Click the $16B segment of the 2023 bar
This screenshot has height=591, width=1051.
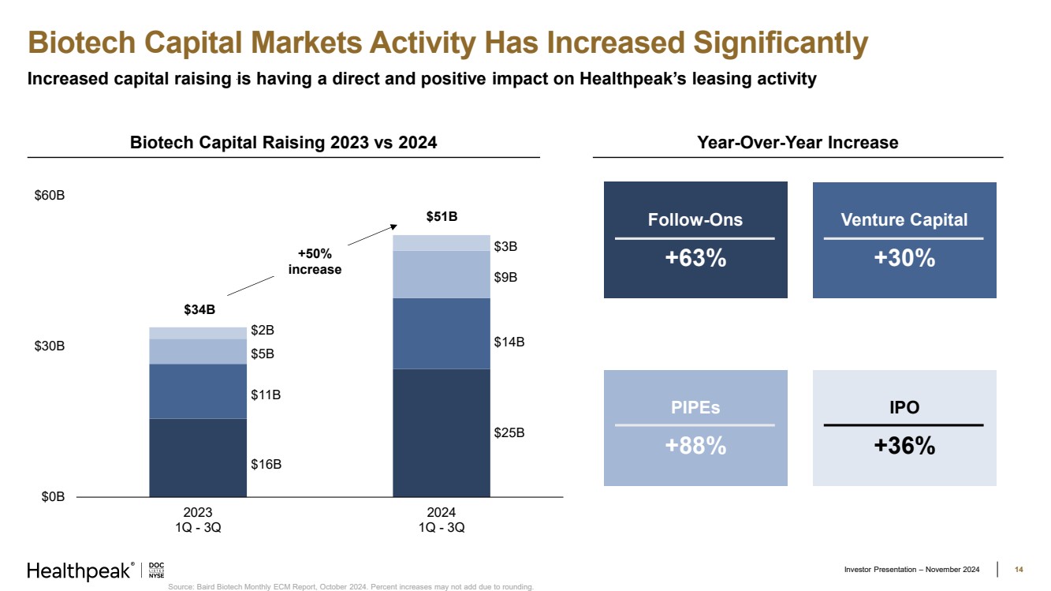click(x=198, y=458)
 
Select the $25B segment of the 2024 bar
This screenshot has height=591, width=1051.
click(x=442, y=432)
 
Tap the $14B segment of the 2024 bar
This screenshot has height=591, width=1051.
click(x=442, y=333)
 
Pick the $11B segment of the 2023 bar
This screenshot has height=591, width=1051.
click(x=198, y=391)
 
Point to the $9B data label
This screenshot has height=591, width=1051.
click(x=505, y=277)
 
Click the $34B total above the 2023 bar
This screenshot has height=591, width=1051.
click(x=199, y=309)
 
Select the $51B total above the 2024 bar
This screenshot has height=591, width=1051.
click(x=442, y=216)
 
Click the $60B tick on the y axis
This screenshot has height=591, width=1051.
click(x=50, y=196)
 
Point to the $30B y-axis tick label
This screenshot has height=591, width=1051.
click(x=50, y=346)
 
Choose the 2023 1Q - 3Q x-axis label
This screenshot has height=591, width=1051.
click(x=198, y=520)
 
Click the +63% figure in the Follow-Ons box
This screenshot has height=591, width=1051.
click(x=695, y=258)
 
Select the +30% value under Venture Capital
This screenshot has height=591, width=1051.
click(x=904, y=258)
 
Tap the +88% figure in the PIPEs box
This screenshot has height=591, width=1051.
click(x=695, y=446)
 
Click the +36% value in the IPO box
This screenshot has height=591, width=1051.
click(x=904, y=446)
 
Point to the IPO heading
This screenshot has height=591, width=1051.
click(x=904, y=407)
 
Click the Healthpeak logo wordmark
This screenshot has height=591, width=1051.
click(x=79, y=571)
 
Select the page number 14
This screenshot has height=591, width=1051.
click(x=1018, y=570)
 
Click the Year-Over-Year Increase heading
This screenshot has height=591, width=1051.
click(x=797, y=143)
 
